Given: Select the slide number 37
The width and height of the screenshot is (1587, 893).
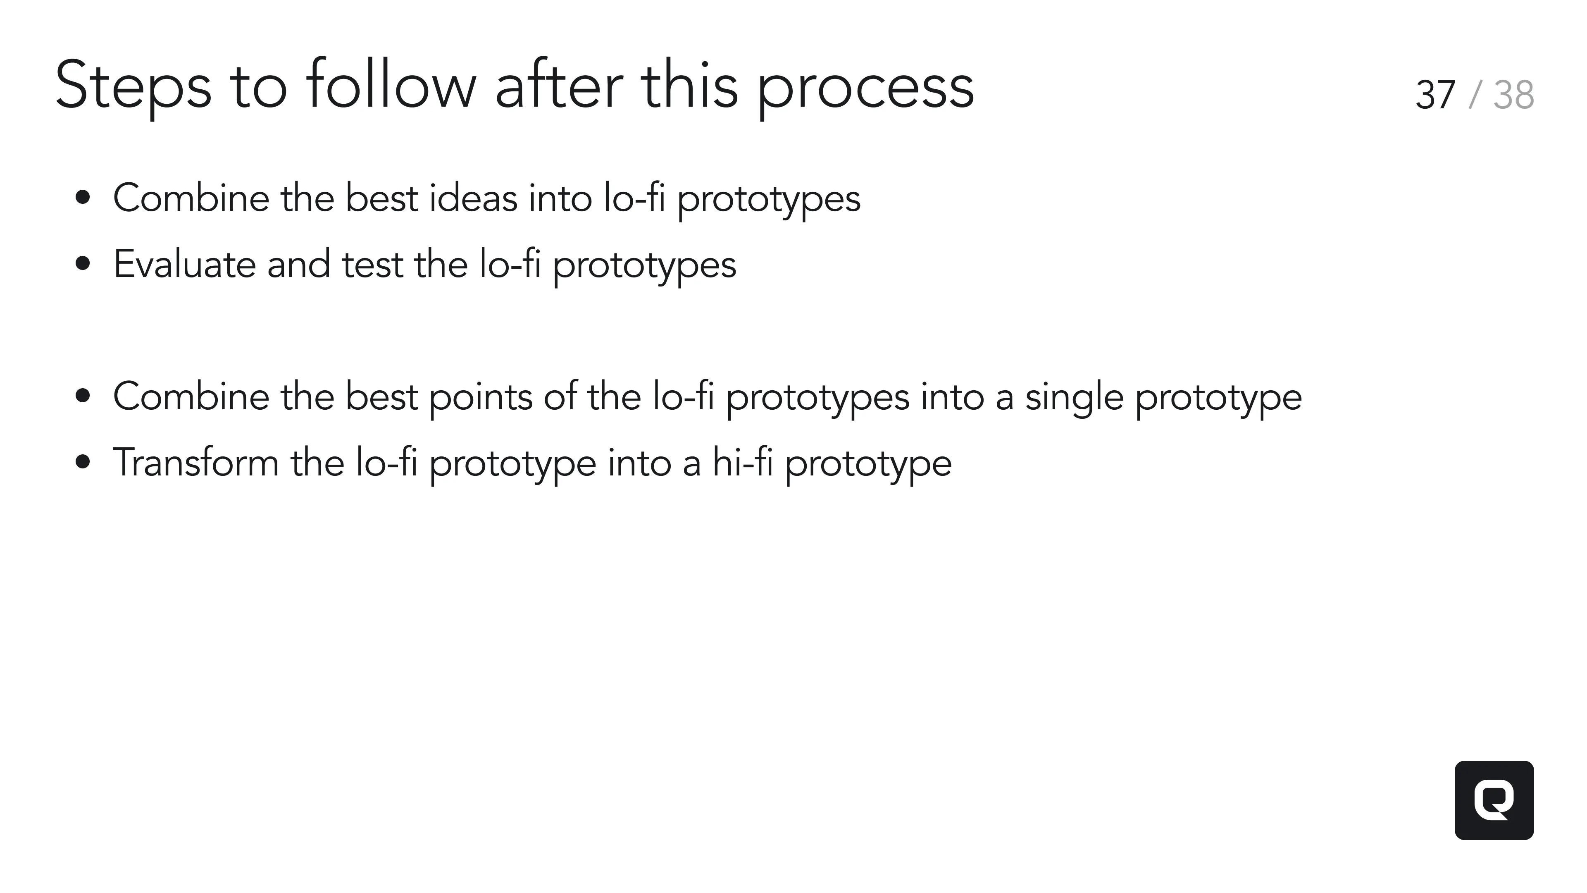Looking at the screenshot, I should (x=1435, y=96).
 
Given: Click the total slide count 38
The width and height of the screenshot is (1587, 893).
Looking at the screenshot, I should (x=1513, y=96).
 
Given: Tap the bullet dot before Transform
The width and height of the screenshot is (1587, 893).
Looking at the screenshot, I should (x=83, y=462).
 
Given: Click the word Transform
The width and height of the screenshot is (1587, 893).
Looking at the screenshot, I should (x=196, y=462).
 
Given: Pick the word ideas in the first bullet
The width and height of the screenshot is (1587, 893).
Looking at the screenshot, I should (x=473, y=198).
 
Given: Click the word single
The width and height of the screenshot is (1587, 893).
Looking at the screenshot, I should (x=1074, y=396).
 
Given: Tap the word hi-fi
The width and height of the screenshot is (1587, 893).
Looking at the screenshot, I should (x=742, y=462).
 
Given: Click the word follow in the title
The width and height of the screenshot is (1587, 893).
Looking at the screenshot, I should (x=391, y=86).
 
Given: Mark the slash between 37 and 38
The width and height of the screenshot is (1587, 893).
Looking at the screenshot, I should (x=1474, y=96).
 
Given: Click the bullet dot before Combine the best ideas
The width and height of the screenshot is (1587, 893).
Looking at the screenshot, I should (x=83, y=198).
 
